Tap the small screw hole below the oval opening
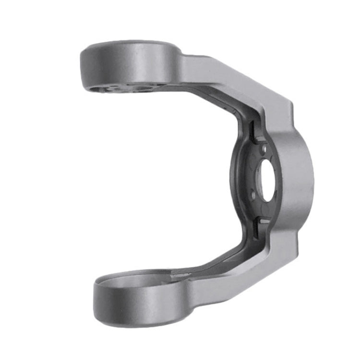pos(253,195)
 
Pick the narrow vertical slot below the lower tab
pos(254,230)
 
